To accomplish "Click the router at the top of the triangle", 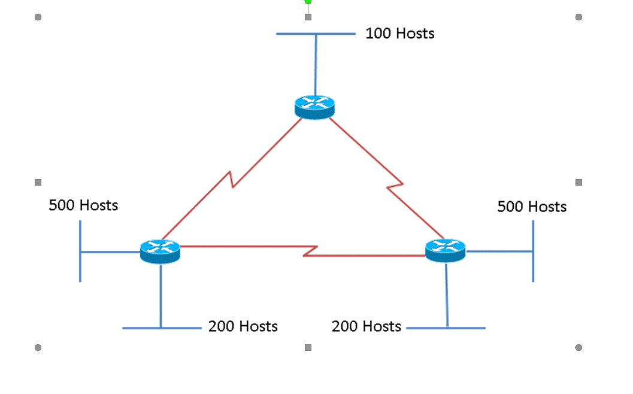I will point(314,107).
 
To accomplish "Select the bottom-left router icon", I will point(160,251).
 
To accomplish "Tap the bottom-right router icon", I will point(445,250).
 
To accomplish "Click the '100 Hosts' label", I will point(399,34).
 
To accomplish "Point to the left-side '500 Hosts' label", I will point(83,205).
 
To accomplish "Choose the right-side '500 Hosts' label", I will point(531,207).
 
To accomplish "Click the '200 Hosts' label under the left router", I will point(243,326).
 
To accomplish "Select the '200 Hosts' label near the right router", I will point(366,326).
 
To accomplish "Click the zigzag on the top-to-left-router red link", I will point(231,179).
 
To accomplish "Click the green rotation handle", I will point(308,2).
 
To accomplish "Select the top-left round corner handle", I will point(38,17).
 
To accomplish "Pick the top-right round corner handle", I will point(579,17).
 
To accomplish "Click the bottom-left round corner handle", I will point(38,347).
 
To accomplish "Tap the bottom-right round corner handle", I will point(579,347).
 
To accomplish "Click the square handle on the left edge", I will point(38,182).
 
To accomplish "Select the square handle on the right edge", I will point(579,182).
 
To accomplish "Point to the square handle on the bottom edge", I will point(308,347).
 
